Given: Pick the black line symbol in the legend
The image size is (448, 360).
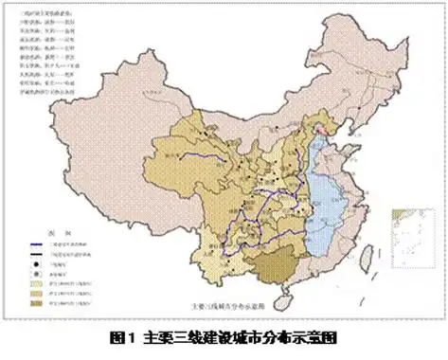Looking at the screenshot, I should coord(35,253).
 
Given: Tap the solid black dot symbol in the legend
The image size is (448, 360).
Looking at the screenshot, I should coord(35,262).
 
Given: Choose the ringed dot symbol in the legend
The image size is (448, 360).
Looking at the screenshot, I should coord(35,272).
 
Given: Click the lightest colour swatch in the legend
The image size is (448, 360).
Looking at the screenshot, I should coord(35,281).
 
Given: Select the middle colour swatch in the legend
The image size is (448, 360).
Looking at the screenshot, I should coord(35,292).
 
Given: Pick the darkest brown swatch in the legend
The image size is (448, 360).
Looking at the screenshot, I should coord(35,302).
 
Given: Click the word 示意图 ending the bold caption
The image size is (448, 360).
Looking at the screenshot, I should coord(314,337).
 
